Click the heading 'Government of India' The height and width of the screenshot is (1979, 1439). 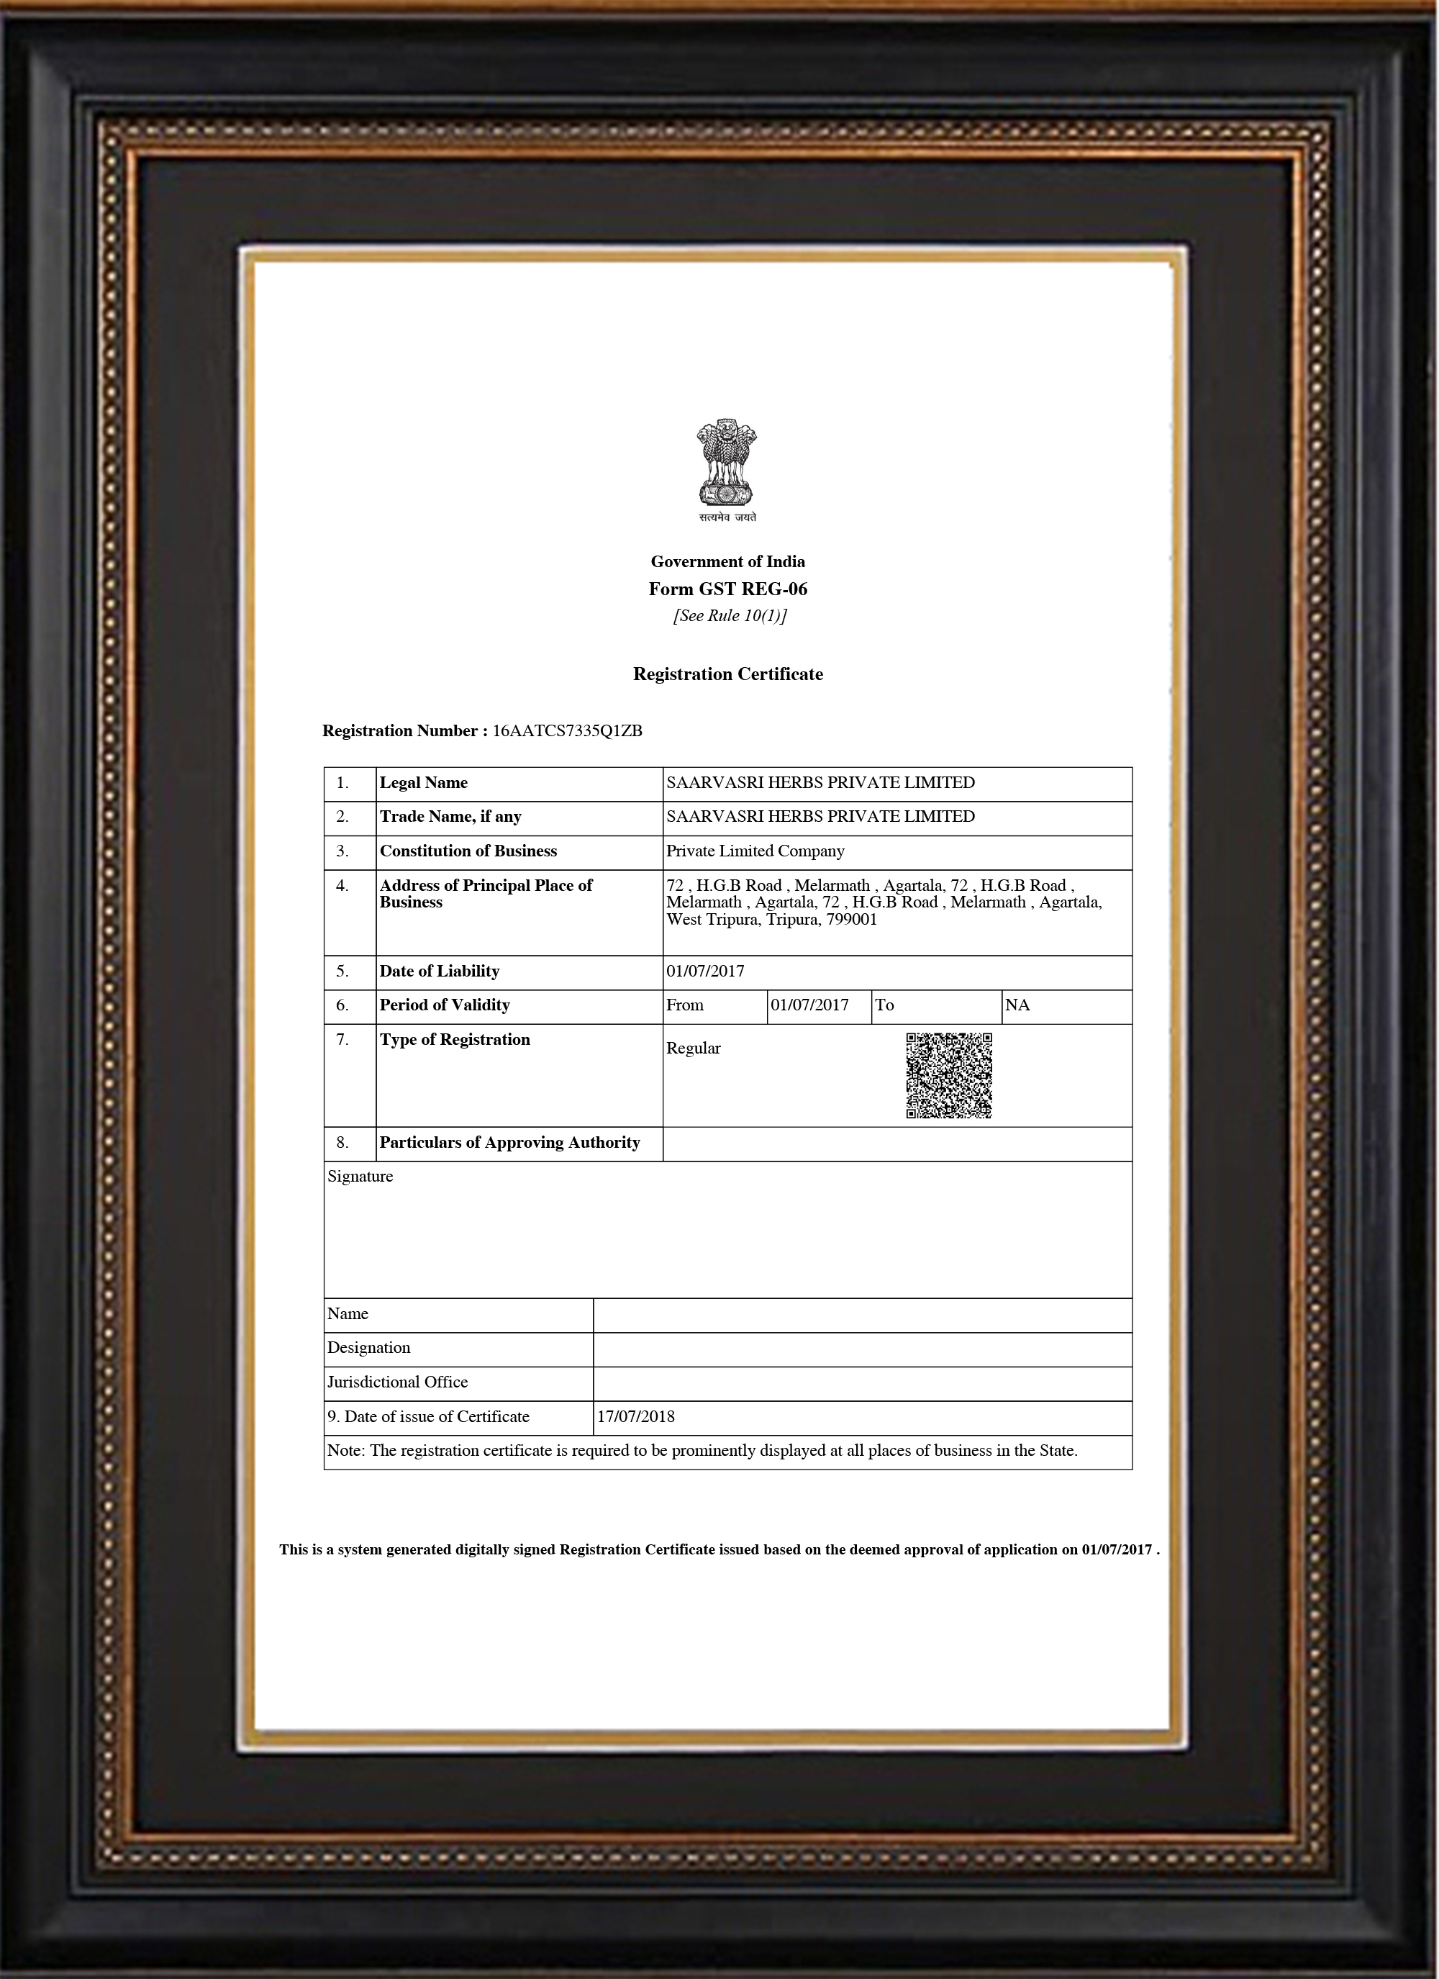(728, 561)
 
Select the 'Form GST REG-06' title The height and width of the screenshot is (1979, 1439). (728, 589)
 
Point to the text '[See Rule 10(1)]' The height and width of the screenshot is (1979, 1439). (730, 616)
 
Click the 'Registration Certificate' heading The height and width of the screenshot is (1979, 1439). (728, 674)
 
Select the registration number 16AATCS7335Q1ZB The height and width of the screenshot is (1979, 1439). (567, 731)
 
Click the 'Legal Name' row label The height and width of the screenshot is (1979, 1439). (423, 783)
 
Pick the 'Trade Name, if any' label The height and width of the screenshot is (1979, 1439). (450, 817)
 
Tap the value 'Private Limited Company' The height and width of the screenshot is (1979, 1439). (755, 851)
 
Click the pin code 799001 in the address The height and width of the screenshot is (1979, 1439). (852, 920)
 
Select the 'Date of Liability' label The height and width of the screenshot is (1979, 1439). (439, 972)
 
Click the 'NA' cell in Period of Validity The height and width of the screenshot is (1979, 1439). (1017, 1005)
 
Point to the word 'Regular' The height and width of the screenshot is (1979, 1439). (693, 1048)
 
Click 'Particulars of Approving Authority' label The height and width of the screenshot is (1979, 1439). (509, 1142)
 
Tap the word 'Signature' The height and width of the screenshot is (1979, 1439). (360, 1176)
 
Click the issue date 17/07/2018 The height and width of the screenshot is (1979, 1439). (635, 1416)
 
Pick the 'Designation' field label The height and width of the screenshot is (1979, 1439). (368, 1347)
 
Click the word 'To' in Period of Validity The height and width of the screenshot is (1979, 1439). (884, 1005)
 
